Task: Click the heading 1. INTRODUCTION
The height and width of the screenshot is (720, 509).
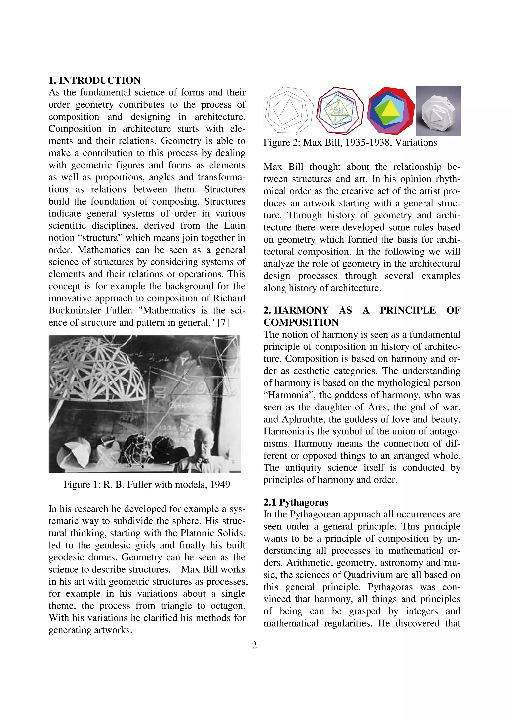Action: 94,80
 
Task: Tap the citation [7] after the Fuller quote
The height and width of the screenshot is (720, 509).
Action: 223,322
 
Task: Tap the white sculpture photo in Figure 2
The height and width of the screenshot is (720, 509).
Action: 438,111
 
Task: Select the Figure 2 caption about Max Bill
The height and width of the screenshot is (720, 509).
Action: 350,143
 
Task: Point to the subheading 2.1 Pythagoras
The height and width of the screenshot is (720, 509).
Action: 296,502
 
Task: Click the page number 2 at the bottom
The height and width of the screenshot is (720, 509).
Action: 254,645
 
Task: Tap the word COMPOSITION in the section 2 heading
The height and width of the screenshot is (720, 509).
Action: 301,322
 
